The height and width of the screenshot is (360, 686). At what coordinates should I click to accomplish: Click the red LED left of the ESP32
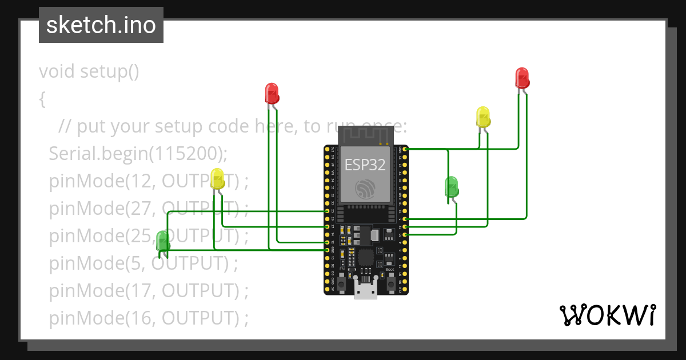pyautogui.click(x=272, y=93)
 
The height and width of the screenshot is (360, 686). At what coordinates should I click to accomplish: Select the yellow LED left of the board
pyautogui.click(x=217, y=179)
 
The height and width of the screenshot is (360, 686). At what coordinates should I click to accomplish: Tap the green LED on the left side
pyautogui.click(x=163, y=240)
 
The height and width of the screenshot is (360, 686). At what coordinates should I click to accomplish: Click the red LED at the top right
pyautogui.click(x=521, y=78)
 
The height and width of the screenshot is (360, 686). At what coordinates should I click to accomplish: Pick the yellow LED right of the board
pyautogui.click(x=483, y=117)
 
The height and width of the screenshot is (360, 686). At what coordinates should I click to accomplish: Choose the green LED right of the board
pyautogui.click(x=451, y=186)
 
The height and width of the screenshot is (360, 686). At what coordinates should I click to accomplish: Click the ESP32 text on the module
pyautogui.click(x=365, y=165)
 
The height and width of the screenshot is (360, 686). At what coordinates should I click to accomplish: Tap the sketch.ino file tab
pyautogui.click(x=101, y=25)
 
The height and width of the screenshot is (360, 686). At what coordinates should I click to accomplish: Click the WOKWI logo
pyautogui.click(x=607, y=315)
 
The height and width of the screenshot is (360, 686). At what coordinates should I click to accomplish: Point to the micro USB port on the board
pyautogui.click(x=366, y=290)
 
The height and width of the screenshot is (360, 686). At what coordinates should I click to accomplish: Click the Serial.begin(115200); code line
pyautogui.click(x=138, y=153)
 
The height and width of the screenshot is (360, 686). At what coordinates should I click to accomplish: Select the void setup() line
pyautogui.click(x=89, y=71)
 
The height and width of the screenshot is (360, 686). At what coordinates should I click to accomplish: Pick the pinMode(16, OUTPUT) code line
pyautogui.click(x=149, y=318)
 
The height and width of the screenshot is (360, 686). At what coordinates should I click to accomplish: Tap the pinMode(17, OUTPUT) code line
pyautogui.click(x=149, y=291)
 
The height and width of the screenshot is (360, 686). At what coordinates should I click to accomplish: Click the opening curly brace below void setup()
pyautogui.click(x=42, y=99)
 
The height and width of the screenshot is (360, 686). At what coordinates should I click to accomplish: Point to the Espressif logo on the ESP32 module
pyautogui.click(x=364, y=189)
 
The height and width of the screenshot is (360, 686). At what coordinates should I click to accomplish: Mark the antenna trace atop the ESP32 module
pyautogui.click(x=365, y=135)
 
